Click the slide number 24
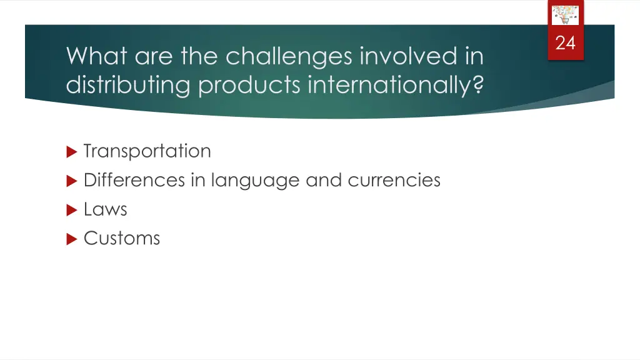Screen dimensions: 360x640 [565, 43]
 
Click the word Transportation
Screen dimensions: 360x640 [147, 151]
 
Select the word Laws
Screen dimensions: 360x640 [105, 209]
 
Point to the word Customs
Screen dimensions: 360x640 [122, 238]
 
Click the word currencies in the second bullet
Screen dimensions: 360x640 [394, 181]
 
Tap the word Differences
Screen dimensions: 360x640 [134, 181]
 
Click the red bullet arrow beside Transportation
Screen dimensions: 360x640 [71, 152]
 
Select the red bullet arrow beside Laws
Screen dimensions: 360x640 [71, 210]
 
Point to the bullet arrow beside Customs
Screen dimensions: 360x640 [71, 239]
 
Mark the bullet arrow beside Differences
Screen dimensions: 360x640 [71, 181]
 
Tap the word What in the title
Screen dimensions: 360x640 [97, 57]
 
